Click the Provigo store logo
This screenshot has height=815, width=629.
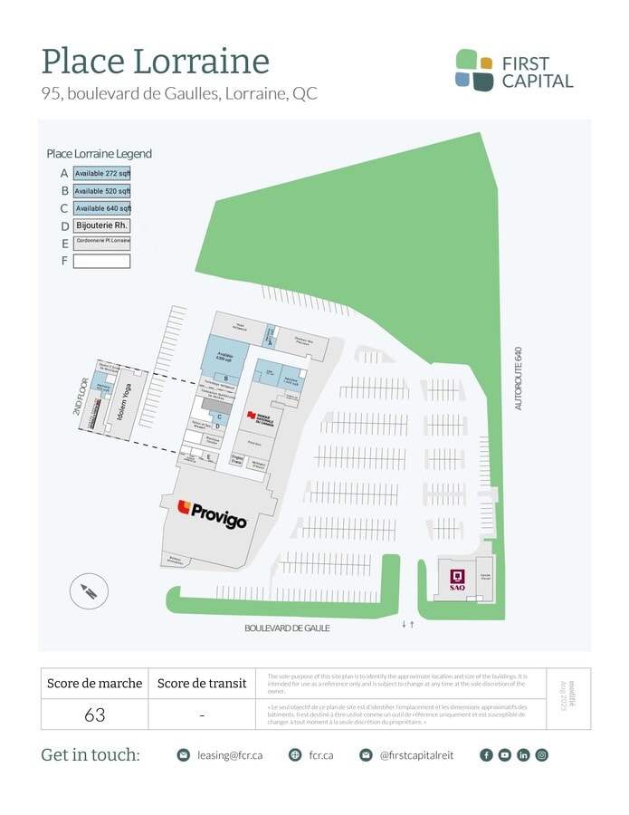(x=213, y=514)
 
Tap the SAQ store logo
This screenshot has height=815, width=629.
(x=457, y=580)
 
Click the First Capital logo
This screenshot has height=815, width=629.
(x=514, y=71)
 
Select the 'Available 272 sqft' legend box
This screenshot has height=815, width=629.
(x=102, y=173)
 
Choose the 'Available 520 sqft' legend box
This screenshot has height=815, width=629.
(x=102, y=191)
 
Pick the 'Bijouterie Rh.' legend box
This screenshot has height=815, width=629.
(x=102, y=225)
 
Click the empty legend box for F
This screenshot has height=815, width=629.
(x=102, y=261)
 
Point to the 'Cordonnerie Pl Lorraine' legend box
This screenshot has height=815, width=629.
(x=102, y=244)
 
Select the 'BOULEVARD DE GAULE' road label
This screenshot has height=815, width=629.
(x=287, y=628)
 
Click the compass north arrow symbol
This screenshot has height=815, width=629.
(x=89, y=593)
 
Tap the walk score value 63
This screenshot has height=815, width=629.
(x=95, y=714)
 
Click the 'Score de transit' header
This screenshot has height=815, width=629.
(x=202, y=684)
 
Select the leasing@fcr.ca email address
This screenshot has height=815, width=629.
(x=231, y=755)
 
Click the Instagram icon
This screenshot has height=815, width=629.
(x=541, y=755)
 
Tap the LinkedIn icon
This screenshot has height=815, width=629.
(x=523, y=755)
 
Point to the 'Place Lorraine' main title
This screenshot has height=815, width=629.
(x=156, y=62)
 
